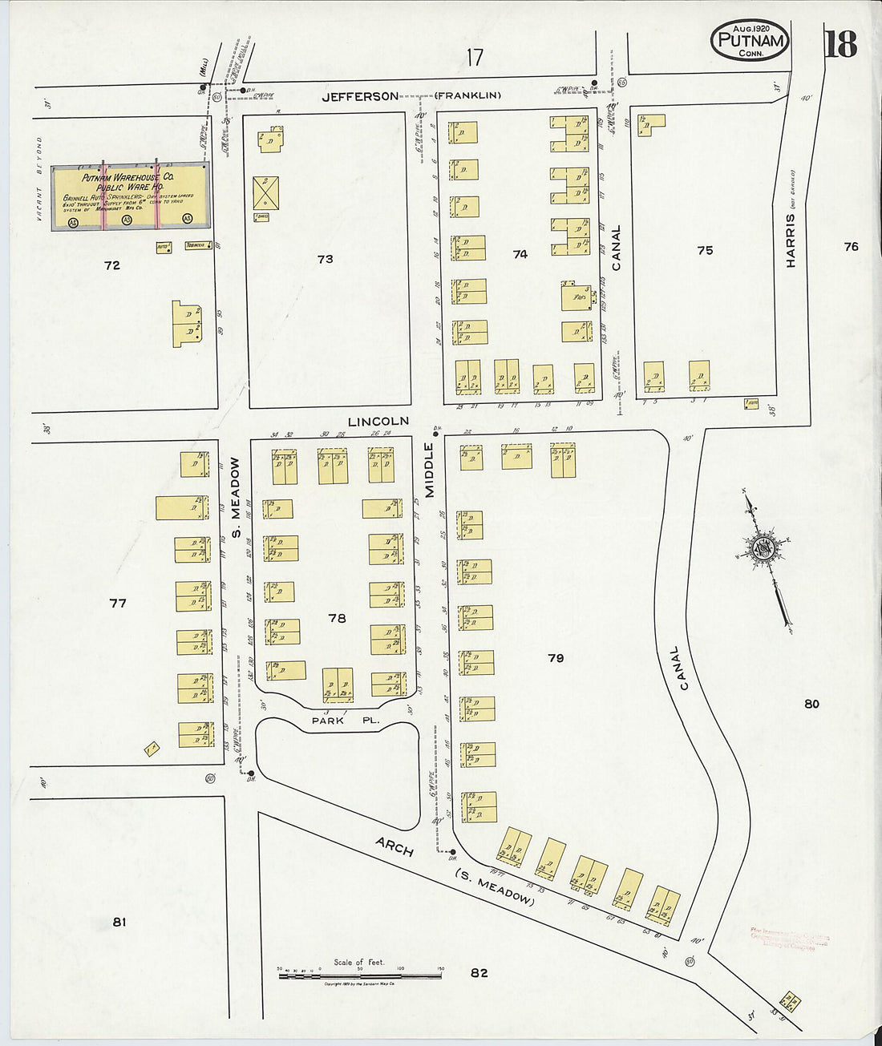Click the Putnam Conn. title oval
[750, 40]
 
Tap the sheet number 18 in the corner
[840, 44]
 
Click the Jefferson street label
[360, 96]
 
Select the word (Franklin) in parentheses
[468, 96]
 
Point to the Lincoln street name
[378, 421]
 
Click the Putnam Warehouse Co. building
[131, 197]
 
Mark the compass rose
[762, 550]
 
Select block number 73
[325, 259]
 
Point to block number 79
[556, 658]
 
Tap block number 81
[119, 922]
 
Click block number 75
[705, 250]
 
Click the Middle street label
[428, 470]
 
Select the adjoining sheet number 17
[475, 57]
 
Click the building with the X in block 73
[265, 193]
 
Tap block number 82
[479, 972]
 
